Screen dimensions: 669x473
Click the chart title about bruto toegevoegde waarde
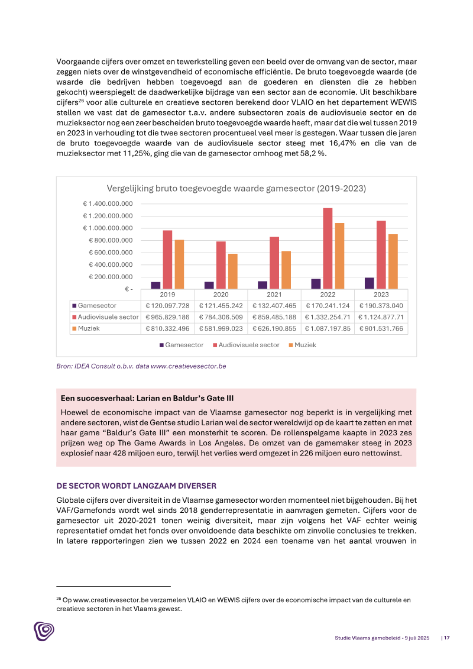[237, 188]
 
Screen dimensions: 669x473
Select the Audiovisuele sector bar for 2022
[328, 248]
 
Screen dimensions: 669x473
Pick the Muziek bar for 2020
[233, 271]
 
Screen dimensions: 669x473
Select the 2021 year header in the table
[274, 294]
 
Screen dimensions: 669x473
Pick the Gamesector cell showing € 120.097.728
[168, 306]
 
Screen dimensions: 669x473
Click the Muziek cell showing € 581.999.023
[221, 328]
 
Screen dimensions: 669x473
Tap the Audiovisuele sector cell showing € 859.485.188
[274, 317]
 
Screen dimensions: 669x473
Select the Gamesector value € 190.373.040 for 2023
[381, 306]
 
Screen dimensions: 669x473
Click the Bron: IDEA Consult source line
[141, 366]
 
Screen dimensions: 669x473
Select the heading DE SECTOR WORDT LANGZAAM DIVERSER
[136, 486]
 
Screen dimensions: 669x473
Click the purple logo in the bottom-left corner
[43, 631]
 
